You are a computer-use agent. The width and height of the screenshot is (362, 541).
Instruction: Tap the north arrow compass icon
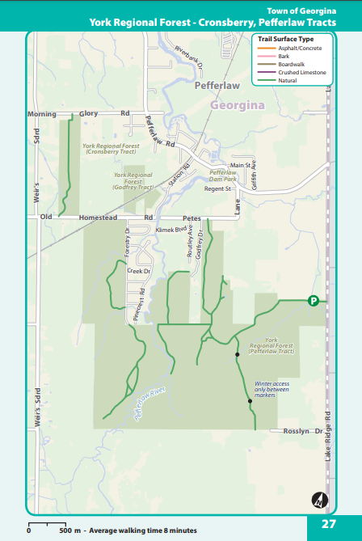320,500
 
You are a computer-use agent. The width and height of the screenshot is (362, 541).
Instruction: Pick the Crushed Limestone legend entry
301,72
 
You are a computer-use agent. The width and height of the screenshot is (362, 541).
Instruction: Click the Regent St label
217,188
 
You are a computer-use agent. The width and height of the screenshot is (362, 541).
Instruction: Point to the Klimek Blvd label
170,230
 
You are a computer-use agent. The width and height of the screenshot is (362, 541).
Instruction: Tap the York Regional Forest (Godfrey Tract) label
133,182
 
